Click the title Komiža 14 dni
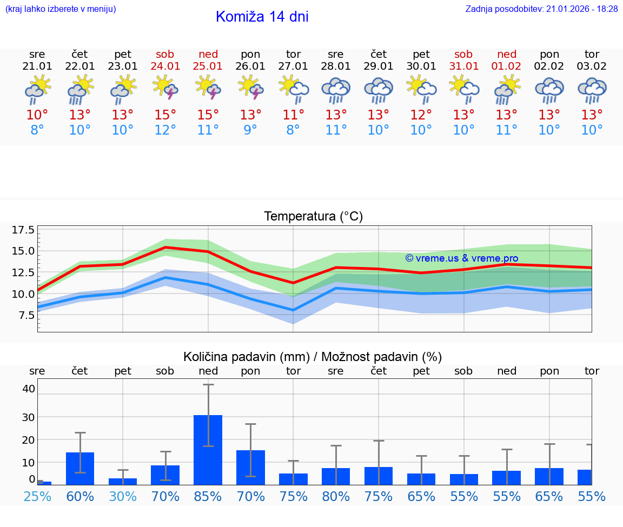(x=262, y=17)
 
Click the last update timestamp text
(x=541, y=9)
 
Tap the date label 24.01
(x=165, y=66)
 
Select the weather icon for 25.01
(x=208, y=89)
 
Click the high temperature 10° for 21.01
(x=37, y=115)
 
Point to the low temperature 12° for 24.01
(x=165, y=130)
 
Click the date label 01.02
(x=507, y=66)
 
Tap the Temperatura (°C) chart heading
(x=313, y=217)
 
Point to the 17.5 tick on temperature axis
(x=23, y=230)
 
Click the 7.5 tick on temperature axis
(x=26, y=315)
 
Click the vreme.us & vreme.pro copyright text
(x=462, y=258)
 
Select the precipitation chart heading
(x=313, y=357)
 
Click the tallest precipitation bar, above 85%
(x=208, y=450)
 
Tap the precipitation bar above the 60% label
(x=80, y=468)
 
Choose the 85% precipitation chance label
(x=208, y=496)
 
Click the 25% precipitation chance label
(x=37, y=496)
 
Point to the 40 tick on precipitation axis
(x=29, y=389)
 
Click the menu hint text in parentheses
(x=61, y=9)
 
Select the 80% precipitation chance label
(x=336, y=496)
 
